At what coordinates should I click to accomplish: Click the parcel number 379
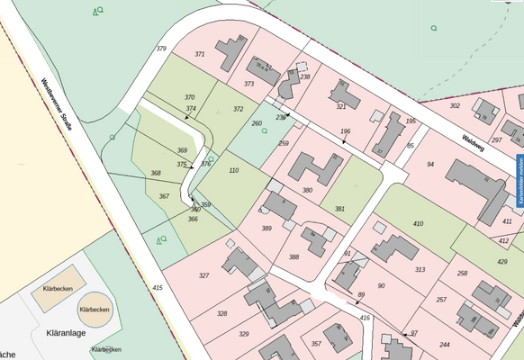(x=161, y=48)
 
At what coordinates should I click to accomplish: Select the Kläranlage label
(x=65, y=332)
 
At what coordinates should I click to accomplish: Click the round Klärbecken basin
(x=95, y=309)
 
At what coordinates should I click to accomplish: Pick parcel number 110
(x=234, y=170)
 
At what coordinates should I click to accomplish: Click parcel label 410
(x=417, y=223)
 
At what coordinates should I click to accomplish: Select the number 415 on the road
(x=158, y=287)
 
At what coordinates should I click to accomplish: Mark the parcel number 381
(x=339, y=209)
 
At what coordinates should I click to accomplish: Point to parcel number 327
(x=203, y=275)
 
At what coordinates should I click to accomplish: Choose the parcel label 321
(x=341, y=106)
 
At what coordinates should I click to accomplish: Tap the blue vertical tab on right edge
(x=519, y=179)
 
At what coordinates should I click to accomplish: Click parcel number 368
(x=156, y=173)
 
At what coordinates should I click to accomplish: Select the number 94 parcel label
(x=430, y=165)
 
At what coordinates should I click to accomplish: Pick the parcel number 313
(x=420, y=269)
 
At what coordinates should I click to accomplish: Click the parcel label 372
(x=238, y=108)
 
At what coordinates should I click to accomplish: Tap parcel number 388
(x=294, y=256)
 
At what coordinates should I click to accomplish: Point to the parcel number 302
(x=455, y=105)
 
